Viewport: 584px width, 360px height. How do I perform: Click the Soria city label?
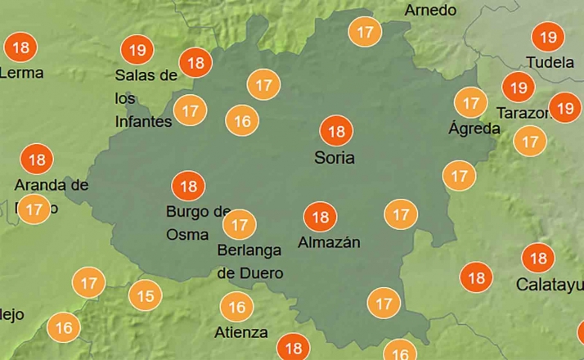[335, 157]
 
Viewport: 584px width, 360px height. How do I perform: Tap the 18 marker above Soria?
[335, 131]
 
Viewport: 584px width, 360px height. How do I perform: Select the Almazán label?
[329, 242]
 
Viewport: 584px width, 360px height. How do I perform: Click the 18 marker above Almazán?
[320, 217]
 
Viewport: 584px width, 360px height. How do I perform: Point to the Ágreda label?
[474, 128]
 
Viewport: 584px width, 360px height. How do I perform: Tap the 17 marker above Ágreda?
[470, 103]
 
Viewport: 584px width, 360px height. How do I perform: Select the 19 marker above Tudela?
[548, 37]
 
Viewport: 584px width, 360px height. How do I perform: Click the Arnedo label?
[430, 11]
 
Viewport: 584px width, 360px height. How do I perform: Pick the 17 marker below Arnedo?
[365, 33]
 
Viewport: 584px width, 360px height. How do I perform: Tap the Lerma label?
[22, 73]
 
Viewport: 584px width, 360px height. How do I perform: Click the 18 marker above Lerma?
[20, 47]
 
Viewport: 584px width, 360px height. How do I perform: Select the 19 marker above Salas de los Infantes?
[137, 51]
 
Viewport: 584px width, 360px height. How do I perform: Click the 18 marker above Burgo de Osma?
[189, 186]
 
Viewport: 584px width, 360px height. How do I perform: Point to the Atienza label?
[241, 332]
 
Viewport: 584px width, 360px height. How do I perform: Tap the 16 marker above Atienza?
[237, 308]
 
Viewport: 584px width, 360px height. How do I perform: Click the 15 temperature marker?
[145, 295]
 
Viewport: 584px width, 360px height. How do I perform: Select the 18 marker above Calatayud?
[538, 259]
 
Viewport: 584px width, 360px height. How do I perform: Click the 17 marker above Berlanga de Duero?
[240, 223]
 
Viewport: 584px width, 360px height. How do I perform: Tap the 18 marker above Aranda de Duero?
[37, 159]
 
